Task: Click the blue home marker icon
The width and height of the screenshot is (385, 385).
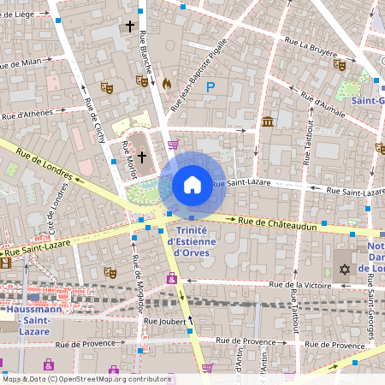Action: (x=192, y=184)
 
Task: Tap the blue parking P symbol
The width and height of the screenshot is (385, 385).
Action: (x=210, y=86)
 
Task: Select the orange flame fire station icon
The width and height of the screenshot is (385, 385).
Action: (x=166, y=84)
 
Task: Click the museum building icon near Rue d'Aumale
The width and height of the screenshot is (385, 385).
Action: (x=268, y=121)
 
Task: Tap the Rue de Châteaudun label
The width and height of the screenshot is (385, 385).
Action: (x=278, y=222)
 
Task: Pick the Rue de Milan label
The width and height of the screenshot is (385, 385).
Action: (x=21, y=63)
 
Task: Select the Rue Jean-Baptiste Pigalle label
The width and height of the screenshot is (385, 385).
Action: (x=198, y=76)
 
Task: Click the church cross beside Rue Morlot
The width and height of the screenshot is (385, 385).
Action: (x=142, y=157)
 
